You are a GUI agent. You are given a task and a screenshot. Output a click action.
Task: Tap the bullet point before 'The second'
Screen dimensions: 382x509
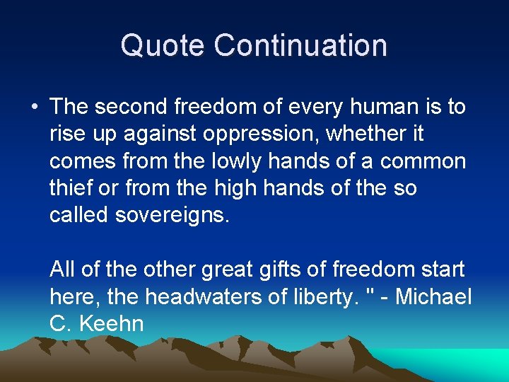click(34, 108)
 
